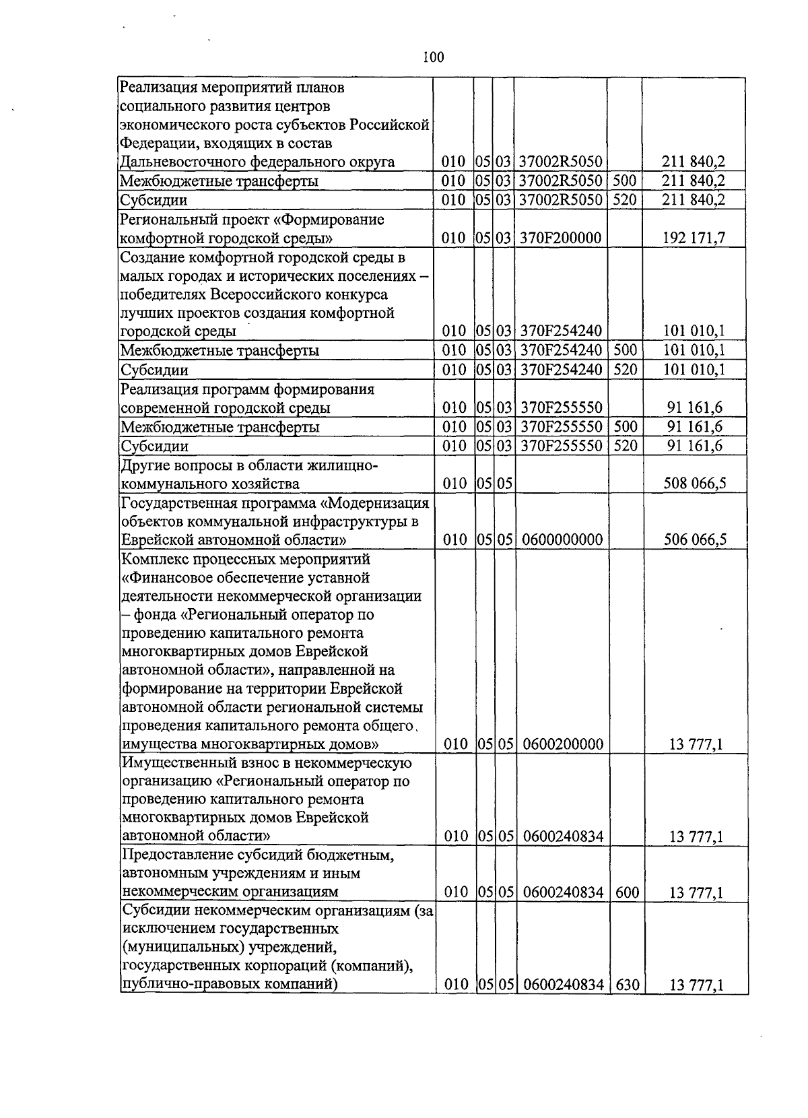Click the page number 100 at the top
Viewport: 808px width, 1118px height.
pyautogui.click(x=433, y=58)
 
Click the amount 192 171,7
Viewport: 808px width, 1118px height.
pyautogui.click(x=694, y=238)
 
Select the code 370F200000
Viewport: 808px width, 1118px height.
pyautogui.click(x=561, y=238)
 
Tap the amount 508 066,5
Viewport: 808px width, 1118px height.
pyautogui.click(x=694, y=484)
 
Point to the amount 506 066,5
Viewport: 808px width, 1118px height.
pyautogui.click(x=694, y=539)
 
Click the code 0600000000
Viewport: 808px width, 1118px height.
pyautogui.click(x=561, y=539)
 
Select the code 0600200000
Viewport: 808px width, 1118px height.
pyautogui.click(x=561, y=744)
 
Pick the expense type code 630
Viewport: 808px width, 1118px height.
pyautogui.click(x=626, y=985)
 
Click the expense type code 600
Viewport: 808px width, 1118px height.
pyautogui.click(x=626, y=892)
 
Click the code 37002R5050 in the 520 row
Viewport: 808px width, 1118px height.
pyautogui.click(x=561, y=200)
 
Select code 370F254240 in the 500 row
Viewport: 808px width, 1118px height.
pyautogui.click(x=561, y=350)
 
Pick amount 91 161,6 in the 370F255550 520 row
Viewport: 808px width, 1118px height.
pyautogui.click(x=694, y=446)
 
